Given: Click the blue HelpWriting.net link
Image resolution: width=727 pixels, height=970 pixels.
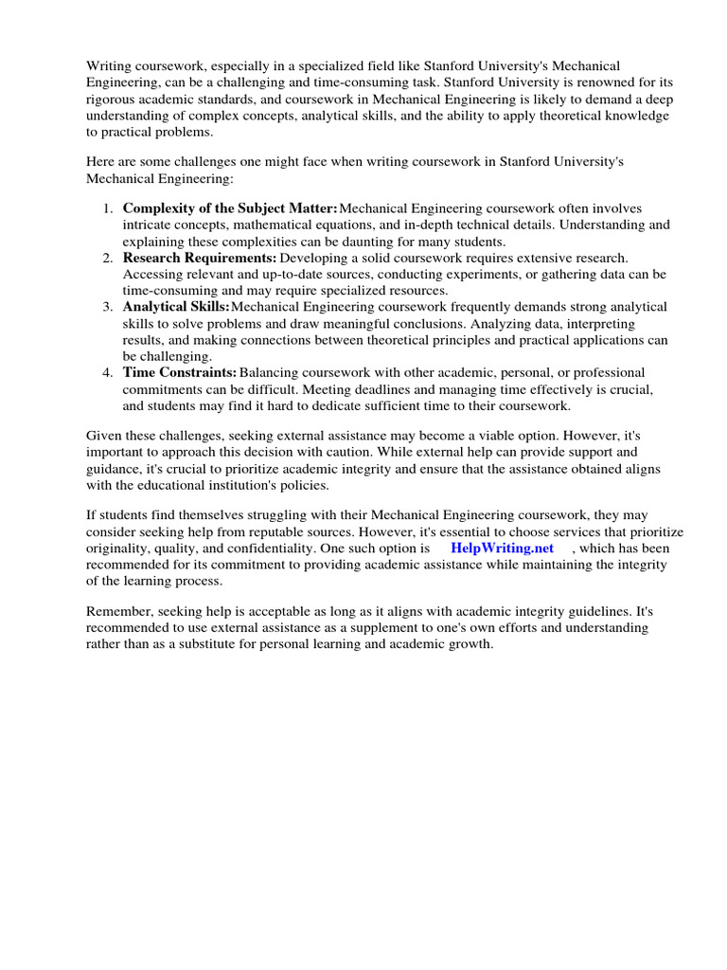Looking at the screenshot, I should (502, 548).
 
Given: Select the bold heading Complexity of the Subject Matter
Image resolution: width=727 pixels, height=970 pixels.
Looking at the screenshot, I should (230, 208).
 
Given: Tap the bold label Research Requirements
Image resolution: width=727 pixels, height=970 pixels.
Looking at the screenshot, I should (200, 258).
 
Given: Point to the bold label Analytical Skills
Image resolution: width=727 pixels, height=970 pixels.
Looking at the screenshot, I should (176, 307).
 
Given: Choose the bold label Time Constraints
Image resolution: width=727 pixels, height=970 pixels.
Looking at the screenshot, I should (180, 372).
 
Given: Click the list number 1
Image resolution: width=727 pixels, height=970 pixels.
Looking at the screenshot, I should (109, 208).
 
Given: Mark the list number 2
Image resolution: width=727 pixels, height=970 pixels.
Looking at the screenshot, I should (109, 258).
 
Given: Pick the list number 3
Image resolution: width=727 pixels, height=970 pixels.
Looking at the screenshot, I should (109, 307).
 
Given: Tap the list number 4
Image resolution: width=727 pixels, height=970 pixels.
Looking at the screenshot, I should (109, 372).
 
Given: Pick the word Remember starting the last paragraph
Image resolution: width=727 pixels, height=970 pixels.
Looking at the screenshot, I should (118, 611).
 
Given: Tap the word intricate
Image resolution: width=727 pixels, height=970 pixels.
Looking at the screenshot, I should (148, 225).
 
